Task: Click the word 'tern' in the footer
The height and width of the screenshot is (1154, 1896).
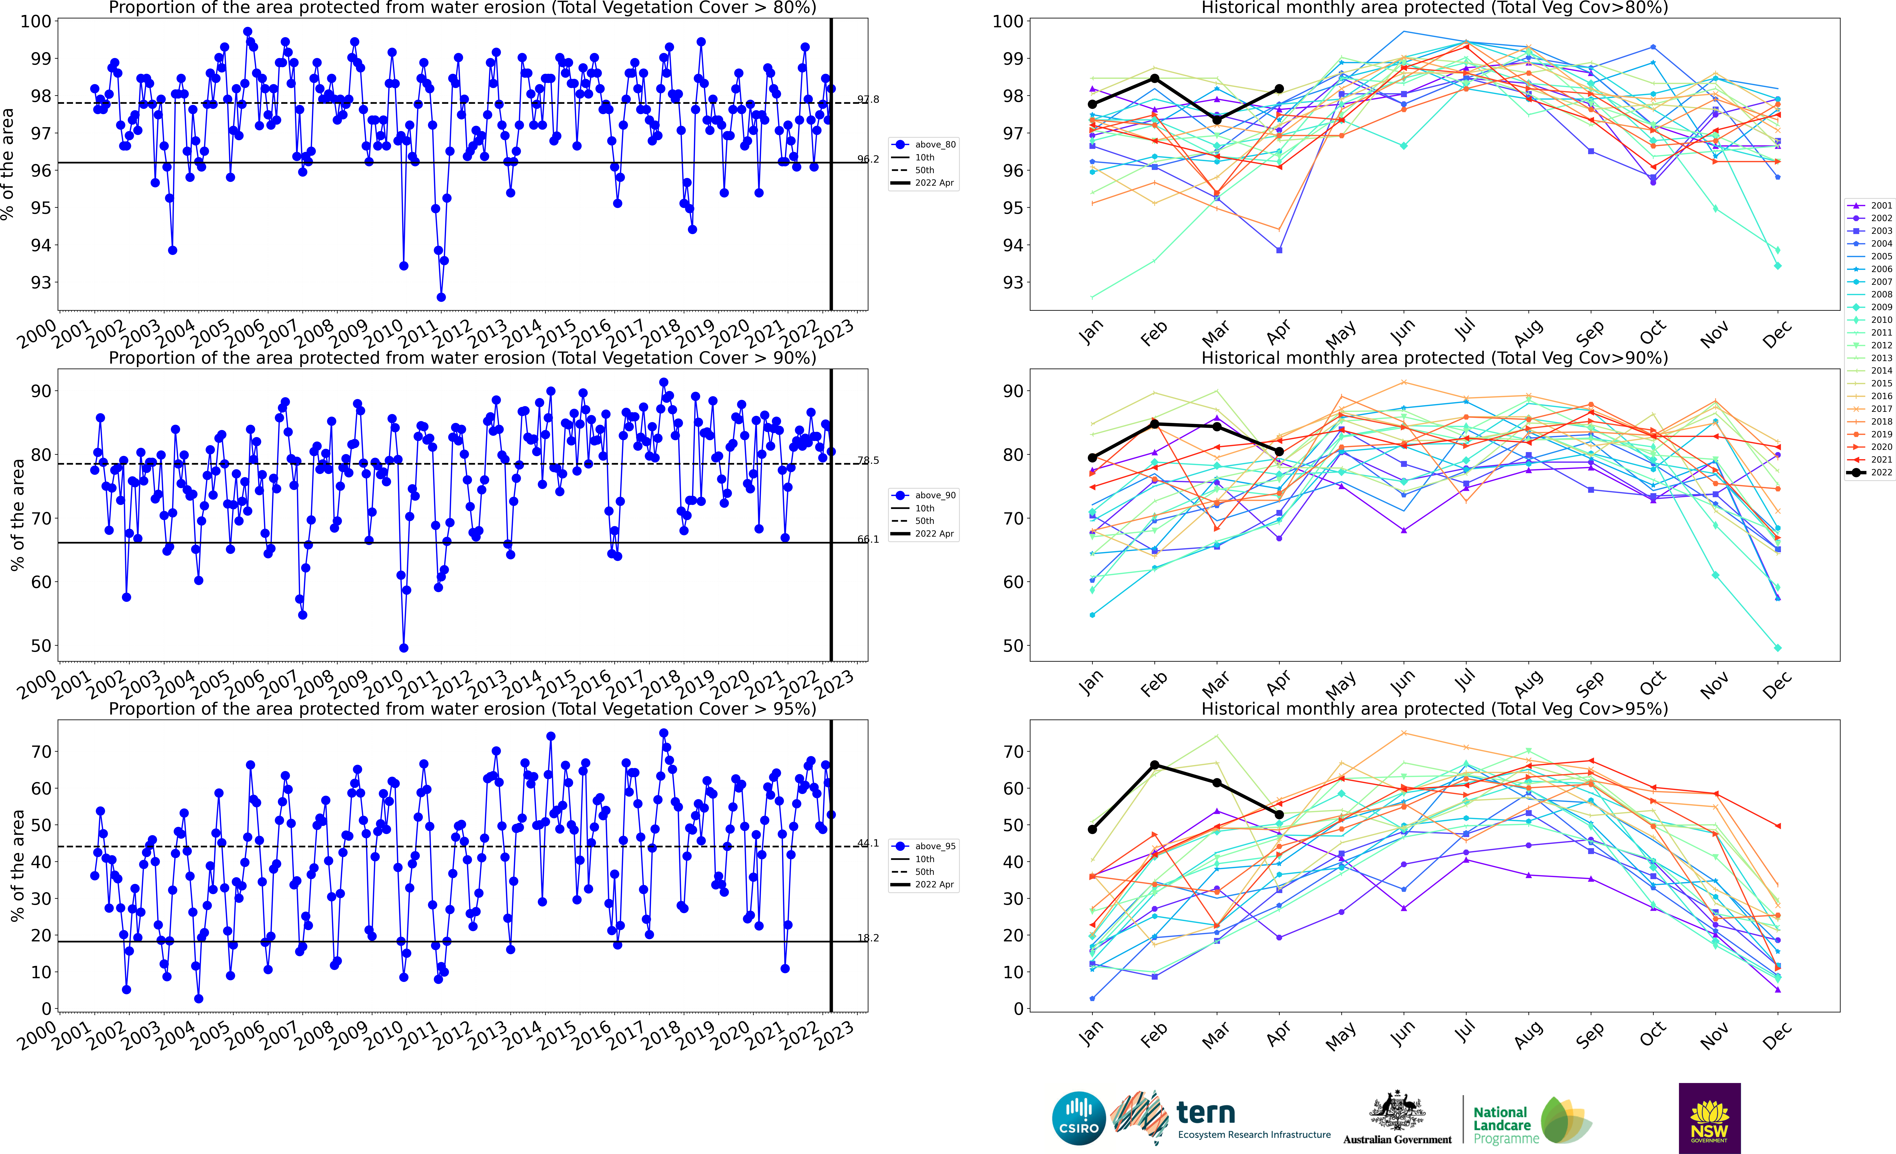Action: coord(1206,1113)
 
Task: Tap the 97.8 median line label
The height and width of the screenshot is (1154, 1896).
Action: coord(868,99)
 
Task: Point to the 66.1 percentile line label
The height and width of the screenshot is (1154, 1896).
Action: coord(868,539)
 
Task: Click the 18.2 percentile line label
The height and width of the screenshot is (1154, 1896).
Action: coord(868,938)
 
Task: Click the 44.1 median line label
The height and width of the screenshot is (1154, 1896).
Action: coord(868,843)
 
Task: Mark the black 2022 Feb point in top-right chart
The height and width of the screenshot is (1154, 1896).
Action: coord(1154,78)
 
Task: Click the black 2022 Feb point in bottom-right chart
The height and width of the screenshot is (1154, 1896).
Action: coord(1154,765)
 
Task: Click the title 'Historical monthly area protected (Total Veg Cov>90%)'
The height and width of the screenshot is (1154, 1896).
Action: coord(1434,358)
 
